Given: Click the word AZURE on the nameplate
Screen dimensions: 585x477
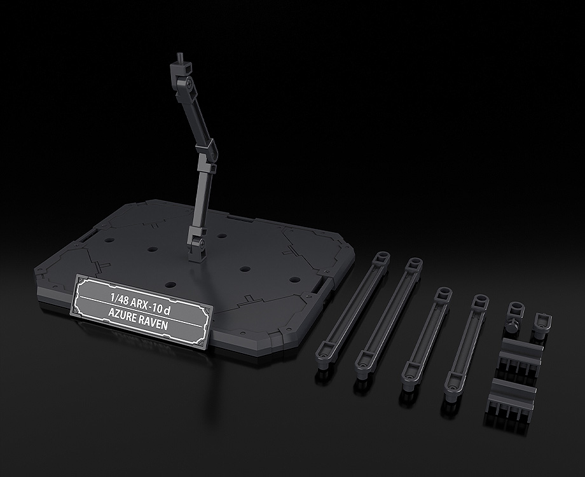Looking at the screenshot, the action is (122, 315).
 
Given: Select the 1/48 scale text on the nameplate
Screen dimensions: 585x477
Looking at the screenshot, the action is (119, 298).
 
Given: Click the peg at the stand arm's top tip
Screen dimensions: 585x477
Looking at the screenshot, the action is (180, 59).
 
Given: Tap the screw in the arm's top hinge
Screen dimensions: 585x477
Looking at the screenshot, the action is (190, 80).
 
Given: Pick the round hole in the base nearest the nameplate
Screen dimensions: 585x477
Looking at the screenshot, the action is (170, 285).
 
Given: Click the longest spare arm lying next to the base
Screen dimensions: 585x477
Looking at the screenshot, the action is (352, 310).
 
